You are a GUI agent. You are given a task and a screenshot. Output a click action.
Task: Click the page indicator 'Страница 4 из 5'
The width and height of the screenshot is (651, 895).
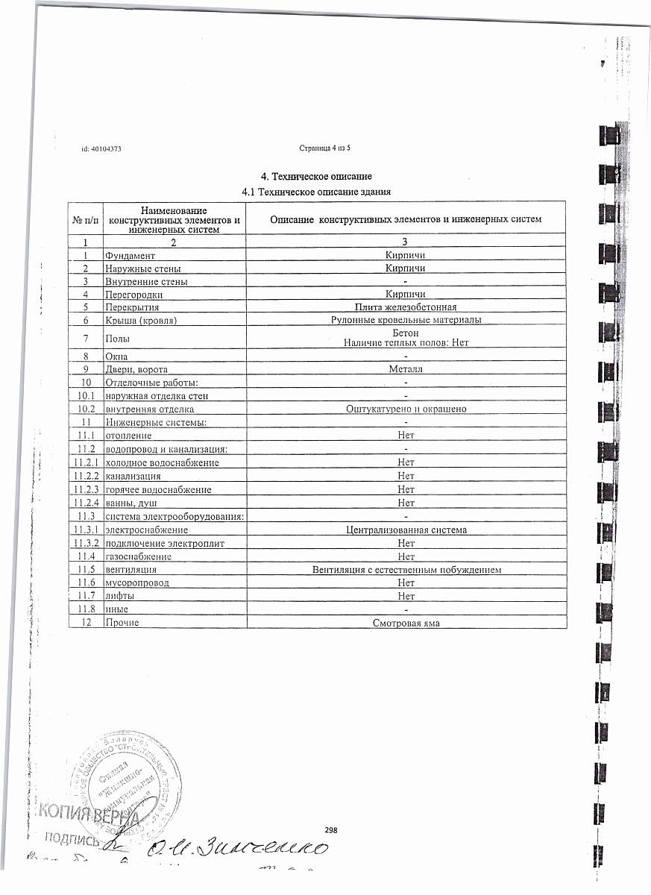(x=324, y=148)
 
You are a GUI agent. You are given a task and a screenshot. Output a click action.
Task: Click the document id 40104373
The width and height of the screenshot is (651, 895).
(x=101, y=149)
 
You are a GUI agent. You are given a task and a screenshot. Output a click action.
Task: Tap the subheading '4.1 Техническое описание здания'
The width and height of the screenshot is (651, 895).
(x=318, y=192)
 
